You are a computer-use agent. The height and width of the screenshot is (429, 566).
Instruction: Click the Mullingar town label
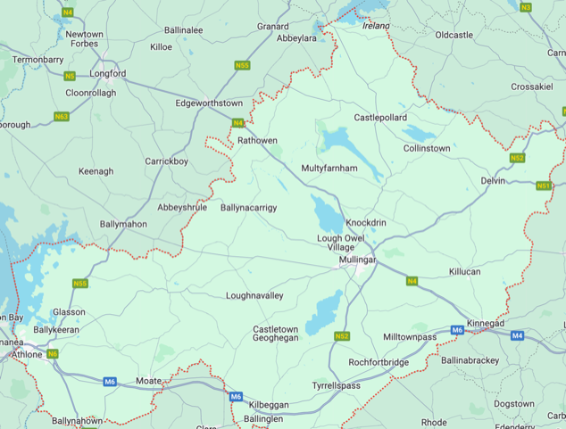pos(358,260)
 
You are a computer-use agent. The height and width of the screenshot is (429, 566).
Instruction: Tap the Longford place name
pos(107,74)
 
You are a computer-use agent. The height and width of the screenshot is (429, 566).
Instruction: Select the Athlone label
pos(26,355)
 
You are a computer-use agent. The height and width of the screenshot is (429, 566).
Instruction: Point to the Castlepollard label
pos(380,118)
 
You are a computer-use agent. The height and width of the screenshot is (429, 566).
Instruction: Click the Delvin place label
pos(493,181)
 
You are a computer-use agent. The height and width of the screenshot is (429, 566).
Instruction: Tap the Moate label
pos(148,381)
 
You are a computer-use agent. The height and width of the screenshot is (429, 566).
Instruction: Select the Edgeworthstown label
pos(209,103)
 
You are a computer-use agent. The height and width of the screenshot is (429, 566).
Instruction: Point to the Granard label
pos(272,27)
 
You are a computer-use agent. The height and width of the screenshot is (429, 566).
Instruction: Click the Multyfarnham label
pos(329,168)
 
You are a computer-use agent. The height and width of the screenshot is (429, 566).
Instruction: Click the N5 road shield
pos(70,76)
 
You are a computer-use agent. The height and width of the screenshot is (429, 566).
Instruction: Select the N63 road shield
pos(62,117)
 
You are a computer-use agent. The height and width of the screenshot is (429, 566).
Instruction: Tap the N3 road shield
pos(525,7)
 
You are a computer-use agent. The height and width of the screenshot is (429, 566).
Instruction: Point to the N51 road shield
pos(544,186)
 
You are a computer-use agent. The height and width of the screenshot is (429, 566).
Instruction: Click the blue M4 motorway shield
pos(518,335)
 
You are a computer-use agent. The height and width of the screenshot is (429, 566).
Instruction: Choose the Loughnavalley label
pos(254,295)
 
